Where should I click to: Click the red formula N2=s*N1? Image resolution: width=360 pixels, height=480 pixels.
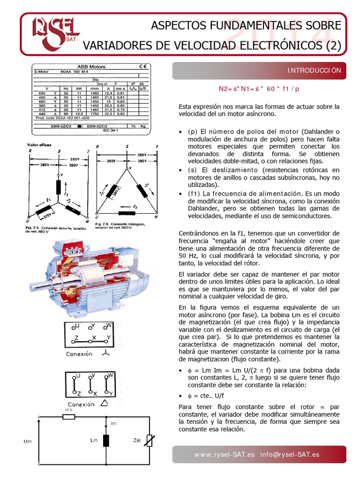[259, 89]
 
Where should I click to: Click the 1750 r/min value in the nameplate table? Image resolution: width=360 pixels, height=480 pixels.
[94, 114]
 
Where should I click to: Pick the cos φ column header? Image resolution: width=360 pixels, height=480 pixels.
[120, 88]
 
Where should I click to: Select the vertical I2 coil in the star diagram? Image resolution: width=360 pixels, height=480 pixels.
[59, 187]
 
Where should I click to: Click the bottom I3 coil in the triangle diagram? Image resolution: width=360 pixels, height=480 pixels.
[126, 207]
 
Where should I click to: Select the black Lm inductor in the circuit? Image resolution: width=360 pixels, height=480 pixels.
[106, 441]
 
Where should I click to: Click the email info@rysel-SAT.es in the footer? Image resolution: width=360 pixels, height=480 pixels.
[291, 454]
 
